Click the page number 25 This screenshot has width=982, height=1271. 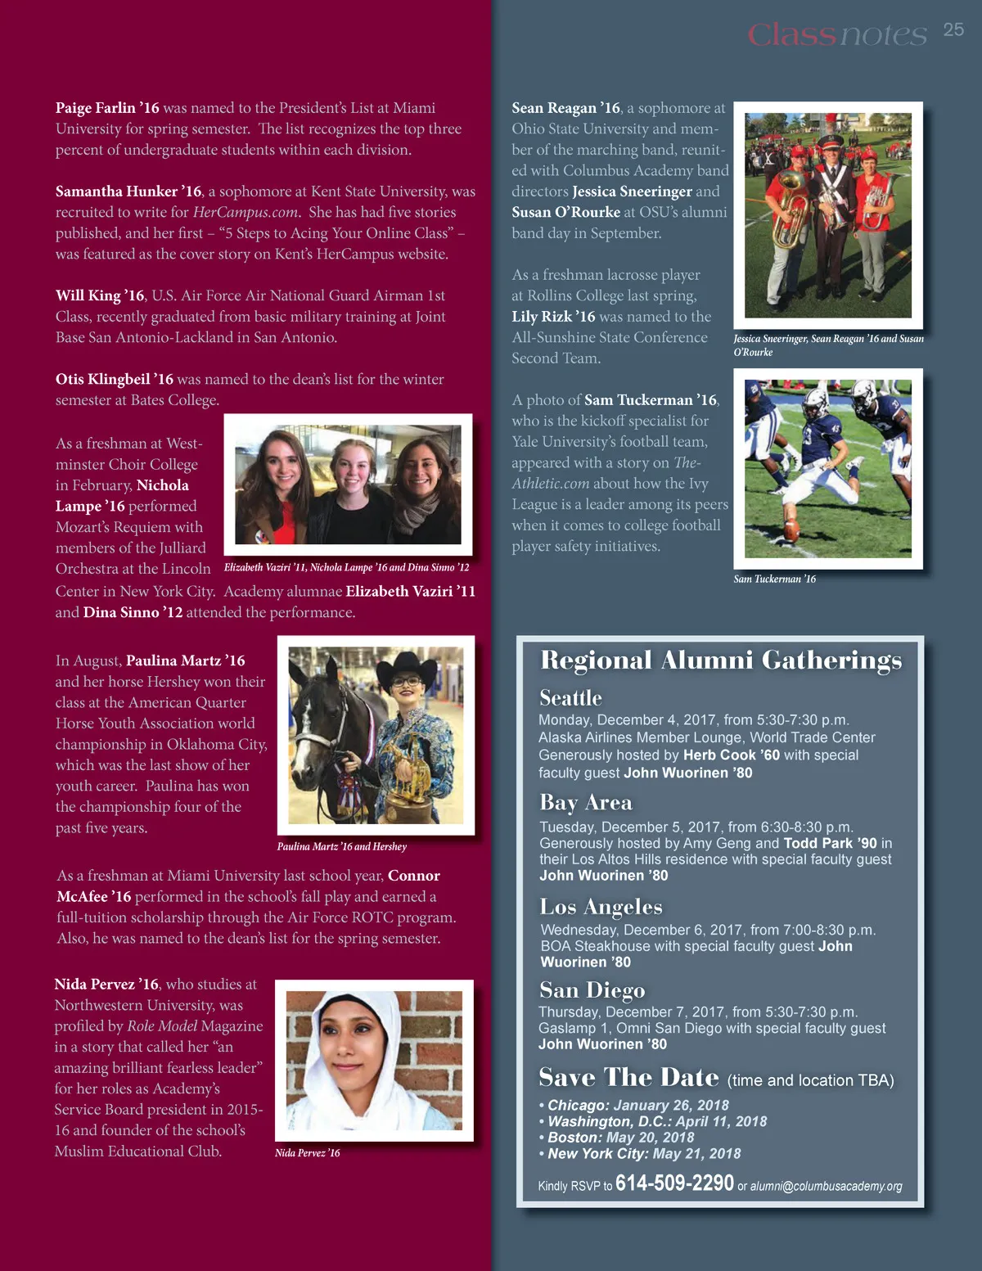click(953, 30)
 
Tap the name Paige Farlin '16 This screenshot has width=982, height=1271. click(107, 108)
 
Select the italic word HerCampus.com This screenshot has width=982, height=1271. click(245, 212)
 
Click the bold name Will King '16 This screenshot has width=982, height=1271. click(100, 295)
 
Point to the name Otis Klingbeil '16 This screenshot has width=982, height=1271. click(115, 379)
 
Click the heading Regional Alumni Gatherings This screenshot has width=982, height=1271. click(721, 660)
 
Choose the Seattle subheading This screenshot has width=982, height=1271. click(570, 698)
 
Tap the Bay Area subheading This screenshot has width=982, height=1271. click(585, 802)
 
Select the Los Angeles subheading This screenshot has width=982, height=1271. click(601, 907)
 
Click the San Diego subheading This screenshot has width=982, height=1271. click(592, 990)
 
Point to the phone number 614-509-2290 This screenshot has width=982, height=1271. click(674, 1183)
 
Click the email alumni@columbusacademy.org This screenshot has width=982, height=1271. click(826, 1186)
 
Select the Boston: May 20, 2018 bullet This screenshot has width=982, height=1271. click(620, 1138)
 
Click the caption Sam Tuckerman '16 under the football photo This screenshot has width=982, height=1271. click(774, 579)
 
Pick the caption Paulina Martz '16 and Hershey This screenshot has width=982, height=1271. click(341, 846)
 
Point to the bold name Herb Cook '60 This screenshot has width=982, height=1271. click(731, 755)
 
